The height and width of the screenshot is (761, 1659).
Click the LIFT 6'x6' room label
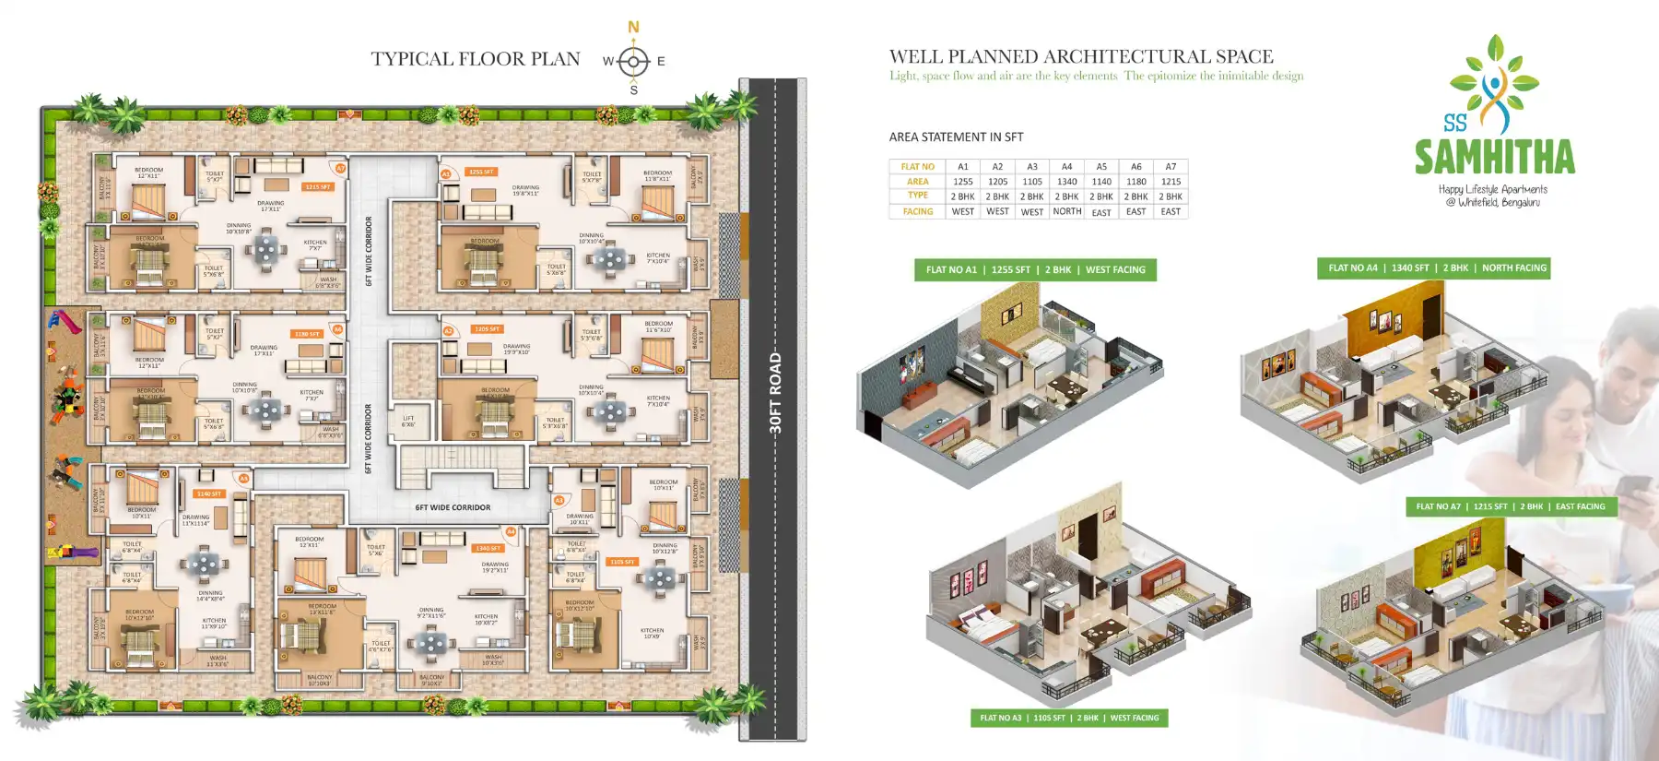408,421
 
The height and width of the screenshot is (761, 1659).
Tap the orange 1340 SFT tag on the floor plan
488,548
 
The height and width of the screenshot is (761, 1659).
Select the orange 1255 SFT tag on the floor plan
481,172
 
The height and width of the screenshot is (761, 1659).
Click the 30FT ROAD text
775,392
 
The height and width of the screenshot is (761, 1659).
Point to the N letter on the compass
633,28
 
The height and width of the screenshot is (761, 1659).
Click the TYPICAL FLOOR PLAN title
476,59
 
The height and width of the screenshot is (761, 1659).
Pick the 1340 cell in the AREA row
1066,182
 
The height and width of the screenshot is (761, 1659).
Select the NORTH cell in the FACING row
1066,211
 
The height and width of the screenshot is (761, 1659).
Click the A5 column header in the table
1101,167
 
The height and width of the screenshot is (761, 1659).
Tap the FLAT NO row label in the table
917,167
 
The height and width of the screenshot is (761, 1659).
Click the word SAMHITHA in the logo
1495,158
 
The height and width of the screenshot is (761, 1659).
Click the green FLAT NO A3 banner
1068,718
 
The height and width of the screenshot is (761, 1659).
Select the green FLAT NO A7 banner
1510,506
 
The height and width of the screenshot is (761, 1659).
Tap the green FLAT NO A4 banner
1433,268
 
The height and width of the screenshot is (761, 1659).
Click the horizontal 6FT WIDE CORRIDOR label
453,507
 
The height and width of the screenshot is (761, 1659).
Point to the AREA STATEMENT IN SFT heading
956,137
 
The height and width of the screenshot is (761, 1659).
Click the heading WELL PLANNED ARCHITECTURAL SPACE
1080,56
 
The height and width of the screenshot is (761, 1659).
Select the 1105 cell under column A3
1032,182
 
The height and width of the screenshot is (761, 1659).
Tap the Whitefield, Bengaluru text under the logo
1493,202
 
